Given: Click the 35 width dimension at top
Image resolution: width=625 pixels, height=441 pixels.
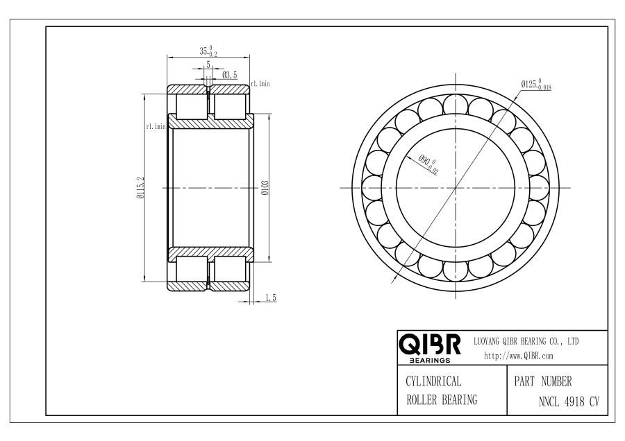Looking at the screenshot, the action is (x=208, y=51).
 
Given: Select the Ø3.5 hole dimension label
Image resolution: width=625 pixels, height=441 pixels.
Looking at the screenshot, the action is (x=230, y=75).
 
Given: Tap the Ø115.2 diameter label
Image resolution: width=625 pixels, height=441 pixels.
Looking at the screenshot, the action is (x=140, y=188).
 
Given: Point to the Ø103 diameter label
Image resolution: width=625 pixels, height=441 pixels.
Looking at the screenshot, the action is (x=265, y=188).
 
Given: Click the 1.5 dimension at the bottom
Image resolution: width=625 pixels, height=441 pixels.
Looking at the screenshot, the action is (x=271, y=297).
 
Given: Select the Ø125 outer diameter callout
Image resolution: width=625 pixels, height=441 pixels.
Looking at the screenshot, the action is (x=536, y=85).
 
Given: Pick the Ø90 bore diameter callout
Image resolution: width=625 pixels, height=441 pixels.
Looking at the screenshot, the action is (x=428, y=164).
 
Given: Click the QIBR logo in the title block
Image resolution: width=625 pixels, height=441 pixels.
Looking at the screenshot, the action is (x=430, y=345).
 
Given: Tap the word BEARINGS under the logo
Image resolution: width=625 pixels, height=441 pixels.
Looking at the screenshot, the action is (x=430, y=360).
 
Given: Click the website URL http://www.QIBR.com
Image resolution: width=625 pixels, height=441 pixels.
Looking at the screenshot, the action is (x=519, y=356).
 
